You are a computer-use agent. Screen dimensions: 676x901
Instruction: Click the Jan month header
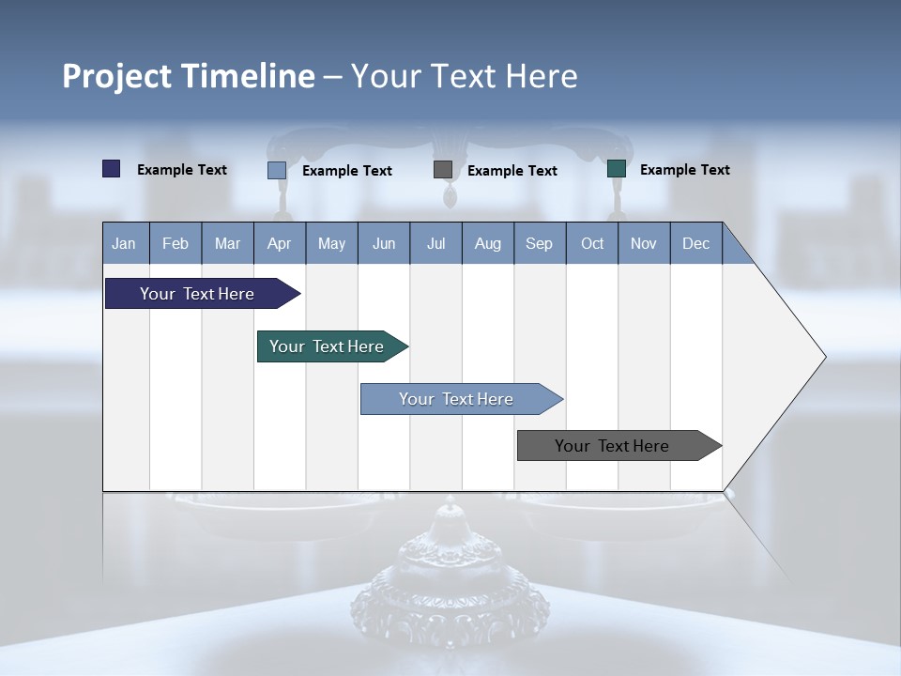[x=124, y=243]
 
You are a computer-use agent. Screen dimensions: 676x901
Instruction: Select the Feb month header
[x=176, y=243]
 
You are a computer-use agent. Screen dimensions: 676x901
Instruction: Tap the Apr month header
[x=279, y=243]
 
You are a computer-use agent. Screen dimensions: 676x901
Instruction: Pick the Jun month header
[x=384, y=243]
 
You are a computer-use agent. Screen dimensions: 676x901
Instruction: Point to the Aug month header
[x=487, y=243]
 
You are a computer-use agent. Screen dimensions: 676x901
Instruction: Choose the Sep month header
[x=539, y=243]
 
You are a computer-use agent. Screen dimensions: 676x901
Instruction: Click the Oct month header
[x=592, y=243]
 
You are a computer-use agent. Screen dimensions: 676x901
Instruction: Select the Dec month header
[x=695, y=243]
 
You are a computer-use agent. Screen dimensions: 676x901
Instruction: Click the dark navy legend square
[x=112, y=169]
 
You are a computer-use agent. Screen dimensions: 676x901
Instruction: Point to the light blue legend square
[x=277, y=170]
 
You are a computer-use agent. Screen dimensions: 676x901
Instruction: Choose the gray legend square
[x=443, y=170]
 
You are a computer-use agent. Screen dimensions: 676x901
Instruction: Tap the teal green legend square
[x=617, y=169]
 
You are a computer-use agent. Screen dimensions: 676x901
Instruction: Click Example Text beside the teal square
[x=684, y=170]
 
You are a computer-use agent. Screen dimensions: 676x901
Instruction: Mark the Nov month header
[x=644, y=243]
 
